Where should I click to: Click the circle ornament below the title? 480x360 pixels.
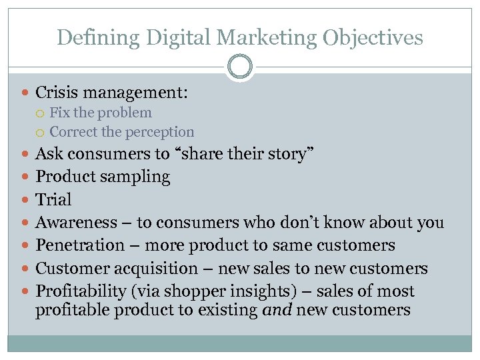coord(240,67)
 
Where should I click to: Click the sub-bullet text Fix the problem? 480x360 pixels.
coord(101,113)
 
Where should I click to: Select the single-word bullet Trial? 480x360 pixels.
coord(53,199)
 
